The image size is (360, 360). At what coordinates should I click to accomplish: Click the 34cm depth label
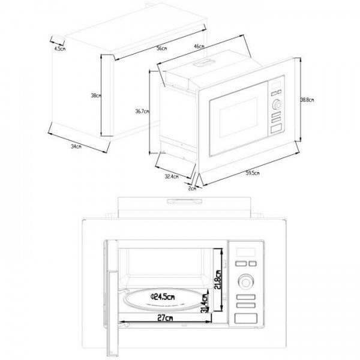point(75,146)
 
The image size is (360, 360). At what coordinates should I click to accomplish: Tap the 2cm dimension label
point(191,188)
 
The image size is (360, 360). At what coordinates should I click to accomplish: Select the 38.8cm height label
point(307,100)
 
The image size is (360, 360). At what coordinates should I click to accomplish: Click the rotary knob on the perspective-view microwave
point(277,106)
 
